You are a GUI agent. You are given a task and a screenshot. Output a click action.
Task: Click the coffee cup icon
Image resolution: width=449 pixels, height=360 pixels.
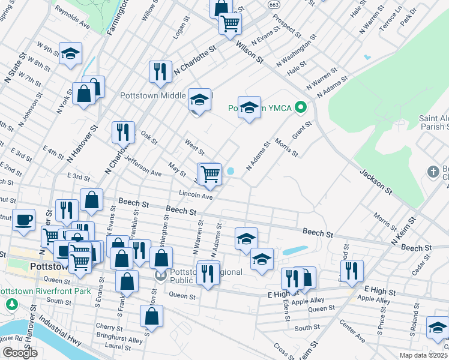click(x=24, y=220)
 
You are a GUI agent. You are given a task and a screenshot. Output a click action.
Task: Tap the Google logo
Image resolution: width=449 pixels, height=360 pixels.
click(x=20, y=353)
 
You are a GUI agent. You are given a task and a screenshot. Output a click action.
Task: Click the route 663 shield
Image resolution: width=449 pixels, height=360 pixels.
click(x=274, y=5)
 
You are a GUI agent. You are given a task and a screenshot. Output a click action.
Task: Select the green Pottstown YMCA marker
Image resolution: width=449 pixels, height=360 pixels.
click(x=302, y=109)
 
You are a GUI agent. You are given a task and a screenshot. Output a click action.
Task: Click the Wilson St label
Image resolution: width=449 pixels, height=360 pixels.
click(x=250, y=52)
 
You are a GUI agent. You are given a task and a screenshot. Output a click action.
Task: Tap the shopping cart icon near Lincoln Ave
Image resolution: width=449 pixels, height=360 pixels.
click(x=210, y=174)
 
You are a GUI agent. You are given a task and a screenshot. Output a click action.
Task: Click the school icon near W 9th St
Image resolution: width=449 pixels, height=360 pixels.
click(x=71, y=53)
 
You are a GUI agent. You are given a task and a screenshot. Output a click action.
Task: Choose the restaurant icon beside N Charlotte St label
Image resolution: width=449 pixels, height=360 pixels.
click(x=160, y=71)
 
